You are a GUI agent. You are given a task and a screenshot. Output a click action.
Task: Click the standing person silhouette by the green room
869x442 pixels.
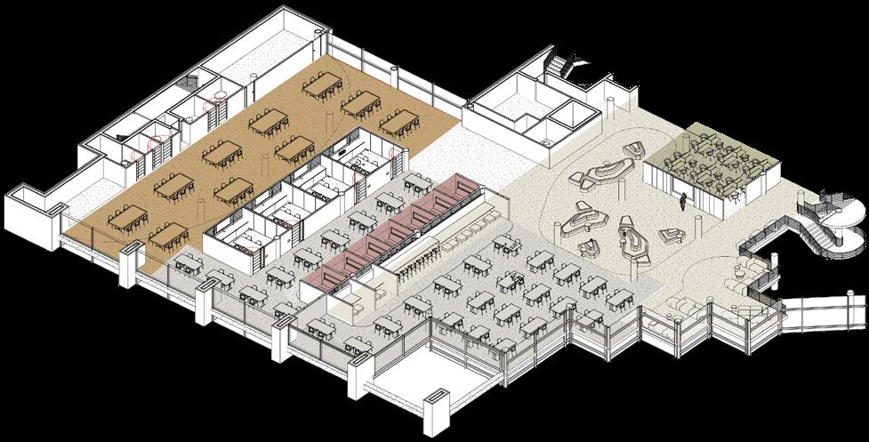click(683, 202)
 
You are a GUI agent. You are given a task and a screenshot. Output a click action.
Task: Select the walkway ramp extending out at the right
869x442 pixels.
click(823, 311)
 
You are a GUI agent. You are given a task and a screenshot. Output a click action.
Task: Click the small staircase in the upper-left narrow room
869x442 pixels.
click(189, 84)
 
